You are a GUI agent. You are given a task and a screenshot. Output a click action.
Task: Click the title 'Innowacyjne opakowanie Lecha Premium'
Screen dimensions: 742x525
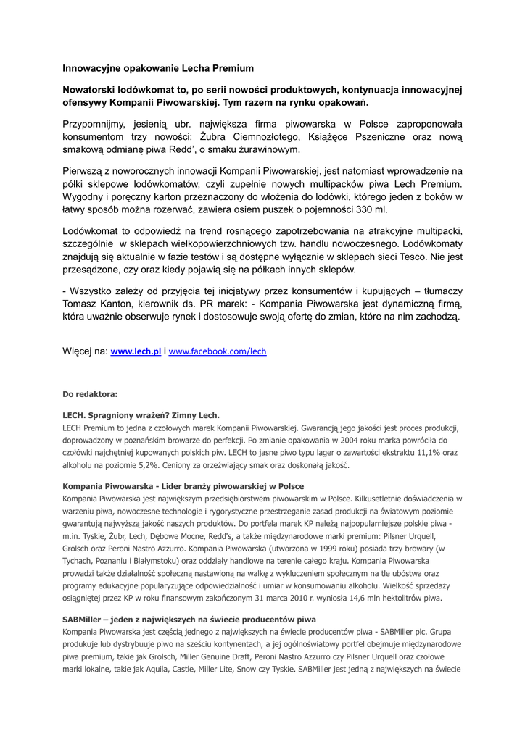pyautogui.click(x=158, y=68)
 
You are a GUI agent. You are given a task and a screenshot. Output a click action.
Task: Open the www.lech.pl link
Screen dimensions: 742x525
pyautogui.click(x=136, y=351)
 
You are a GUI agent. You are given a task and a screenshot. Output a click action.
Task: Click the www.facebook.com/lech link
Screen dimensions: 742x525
pyautogui.click(x=218, y=351)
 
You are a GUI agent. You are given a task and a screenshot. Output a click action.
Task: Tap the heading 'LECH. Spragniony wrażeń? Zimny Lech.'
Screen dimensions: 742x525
pyautogui.click(x=141, y=416)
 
